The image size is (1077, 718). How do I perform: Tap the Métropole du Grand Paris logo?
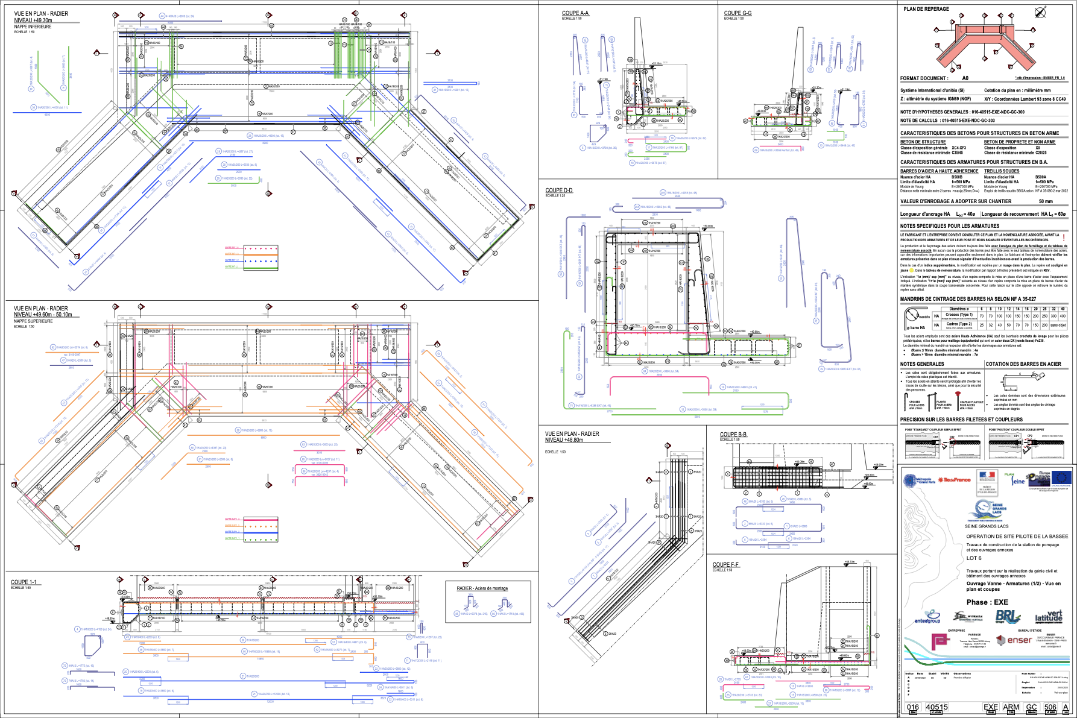coord(919,480)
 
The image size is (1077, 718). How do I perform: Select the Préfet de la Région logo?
coord(987,481)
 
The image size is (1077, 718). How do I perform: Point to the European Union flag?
coord(1061,479)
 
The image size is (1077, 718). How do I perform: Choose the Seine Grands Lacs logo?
coord(987,511)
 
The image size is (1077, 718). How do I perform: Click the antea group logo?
coord(927,617)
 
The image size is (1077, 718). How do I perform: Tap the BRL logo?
coord(1008,616)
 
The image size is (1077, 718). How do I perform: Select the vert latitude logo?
coord(1048,616)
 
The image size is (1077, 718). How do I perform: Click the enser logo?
coord(1014,640)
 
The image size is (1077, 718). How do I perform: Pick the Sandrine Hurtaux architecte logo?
coord(967,617)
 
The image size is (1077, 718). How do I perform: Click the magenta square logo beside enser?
coord(941,641)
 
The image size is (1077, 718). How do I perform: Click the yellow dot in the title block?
coord(911,270)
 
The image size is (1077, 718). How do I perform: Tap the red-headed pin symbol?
coord(958,400)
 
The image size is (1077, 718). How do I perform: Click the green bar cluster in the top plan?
coord(350,55)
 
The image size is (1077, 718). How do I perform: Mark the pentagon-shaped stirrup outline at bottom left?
coord(92,647)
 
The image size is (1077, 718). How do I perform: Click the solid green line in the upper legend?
coord(251,267)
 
